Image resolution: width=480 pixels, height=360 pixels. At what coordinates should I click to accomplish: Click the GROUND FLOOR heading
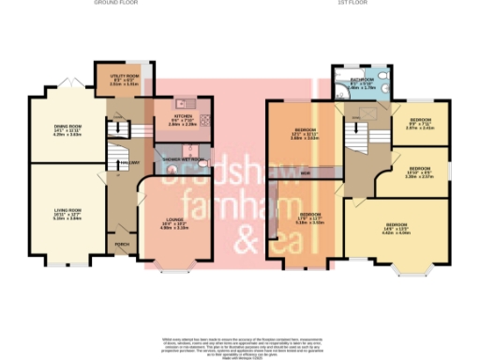point(114,4)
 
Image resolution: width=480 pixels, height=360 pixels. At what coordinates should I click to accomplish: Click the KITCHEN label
point(182,120)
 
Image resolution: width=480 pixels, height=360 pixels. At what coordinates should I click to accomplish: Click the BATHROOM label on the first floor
point(363,83)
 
